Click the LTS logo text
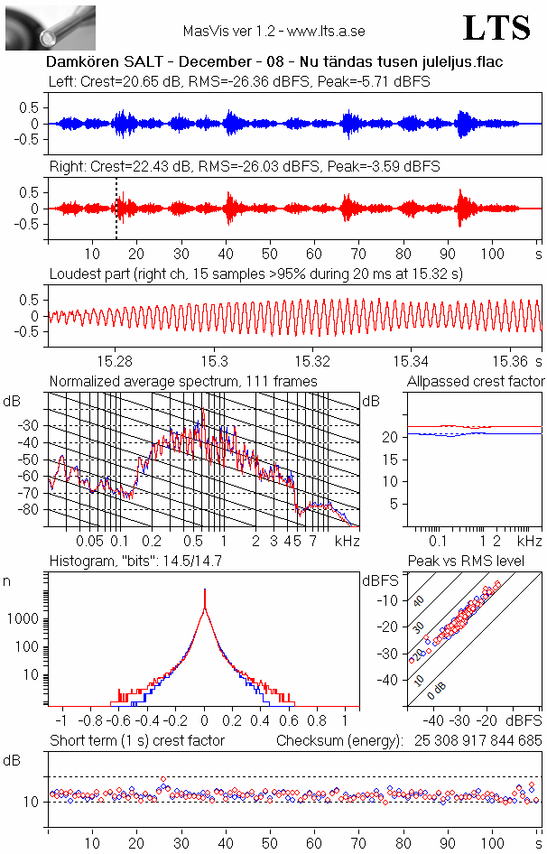click(x=496, y=28)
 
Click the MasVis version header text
click(x=273, y=31)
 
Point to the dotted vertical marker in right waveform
click(x=116, y=208)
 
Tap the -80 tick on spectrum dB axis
click(x=32, y=510)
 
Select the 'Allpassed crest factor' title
click(x=476, y=381)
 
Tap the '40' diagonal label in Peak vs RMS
click(x=418, y=599)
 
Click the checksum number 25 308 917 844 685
click(x=466, y=741)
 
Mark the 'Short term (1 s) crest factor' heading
click(x=136, y=741)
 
